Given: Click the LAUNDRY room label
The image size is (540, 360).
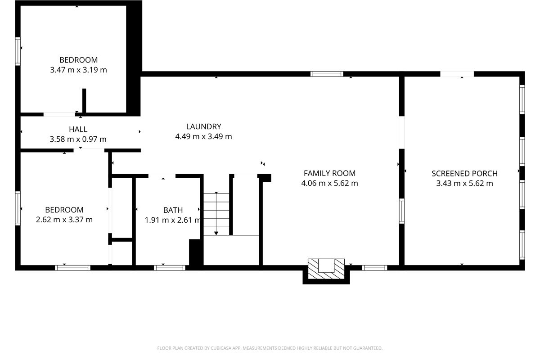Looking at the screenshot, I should click(x=203, y=126).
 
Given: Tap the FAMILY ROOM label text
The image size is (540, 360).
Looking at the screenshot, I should click(x=329, y=173).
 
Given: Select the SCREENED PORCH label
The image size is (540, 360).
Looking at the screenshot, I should click(x=464, y=173).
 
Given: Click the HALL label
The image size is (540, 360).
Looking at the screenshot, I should click(x=78, y=130).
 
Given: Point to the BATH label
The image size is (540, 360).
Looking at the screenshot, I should click(x=173, y=210).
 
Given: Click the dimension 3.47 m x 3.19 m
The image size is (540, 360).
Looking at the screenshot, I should click(x=78, y=70).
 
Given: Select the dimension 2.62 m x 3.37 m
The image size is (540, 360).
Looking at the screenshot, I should click(x=64, y=220).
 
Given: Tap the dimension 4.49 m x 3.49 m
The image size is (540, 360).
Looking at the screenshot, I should click(x=203, y=136).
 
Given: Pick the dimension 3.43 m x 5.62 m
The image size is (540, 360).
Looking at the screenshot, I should click(x=464, y=183).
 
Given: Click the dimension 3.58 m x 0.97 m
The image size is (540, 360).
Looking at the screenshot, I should click(x=78, y=139).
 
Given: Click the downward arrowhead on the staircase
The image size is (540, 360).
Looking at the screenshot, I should click(x=216, y=233).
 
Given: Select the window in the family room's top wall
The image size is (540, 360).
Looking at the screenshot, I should click(x=327, y=74).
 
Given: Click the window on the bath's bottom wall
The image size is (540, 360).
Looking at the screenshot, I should click(x=169, y=268).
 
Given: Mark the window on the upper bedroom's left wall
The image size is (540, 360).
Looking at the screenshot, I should click(x=18, y=51).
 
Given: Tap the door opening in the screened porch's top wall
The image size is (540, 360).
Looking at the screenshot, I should click(x=457, y=74).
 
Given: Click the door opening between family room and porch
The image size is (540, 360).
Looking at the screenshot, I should click(x=401, y=132).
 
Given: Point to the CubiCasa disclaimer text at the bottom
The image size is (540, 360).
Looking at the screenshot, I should click(x=270, y=348).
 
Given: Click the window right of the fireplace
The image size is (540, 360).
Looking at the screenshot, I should click(x=375, y=268).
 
